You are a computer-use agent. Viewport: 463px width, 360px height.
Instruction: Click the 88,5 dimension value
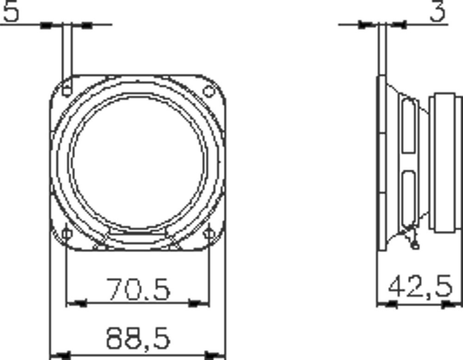tap(138, 338)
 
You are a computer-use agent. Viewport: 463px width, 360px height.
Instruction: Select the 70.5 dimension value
tap(138, 289)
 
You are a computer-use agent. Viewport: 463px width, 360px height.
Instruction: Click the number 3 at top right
tap(438, 12)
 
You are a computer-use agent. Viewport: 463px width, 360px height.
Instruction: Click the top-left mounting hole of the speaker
tap(67, 89)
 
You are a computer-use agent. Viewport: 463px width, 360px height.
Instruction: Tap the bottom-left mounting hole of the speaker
tap(67, 234)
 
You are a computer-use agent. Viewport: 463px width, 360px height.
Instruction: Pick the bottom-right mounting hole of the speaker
tap(209, 233)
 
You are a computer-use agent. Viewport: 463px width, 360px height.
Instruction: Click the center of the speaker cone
tap(138, 162)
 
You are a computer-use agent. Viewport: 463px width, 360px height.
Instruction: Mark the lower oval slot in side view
tap(408, 197)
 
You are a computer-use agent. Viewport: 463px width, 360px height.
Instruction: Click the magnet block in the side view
tap(445, 162)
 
